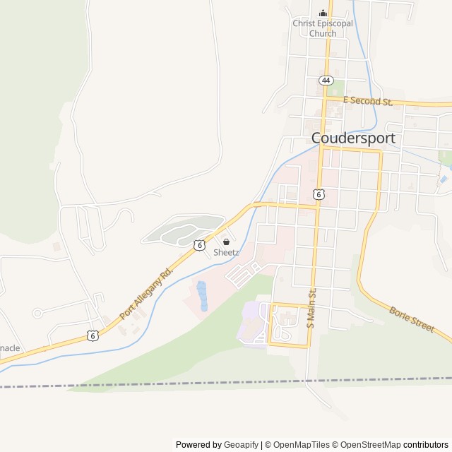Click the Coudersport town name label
point(353,138)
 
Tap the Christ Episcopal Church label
point(323,28)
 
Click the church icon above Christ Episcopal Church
point(323,13)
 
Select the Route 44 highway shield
point(325,81)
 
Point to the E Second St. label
point(367,102)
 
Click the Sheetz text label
point(226,252)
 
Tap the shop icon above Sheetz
point(226,242)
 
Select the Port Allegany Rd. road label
point(147,292)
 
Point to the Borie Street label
point(412,319)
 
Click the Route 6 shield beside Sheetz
point(200,244)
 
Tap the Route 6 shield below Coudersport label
point(319,194)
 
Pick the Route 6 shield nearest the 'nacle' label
point(93,335)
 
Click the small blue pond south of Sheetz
point(202,296)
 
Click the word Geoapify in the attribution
point(242,445)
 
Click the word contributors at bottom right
point(426,445)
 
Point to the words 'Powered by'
point(198,445)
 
